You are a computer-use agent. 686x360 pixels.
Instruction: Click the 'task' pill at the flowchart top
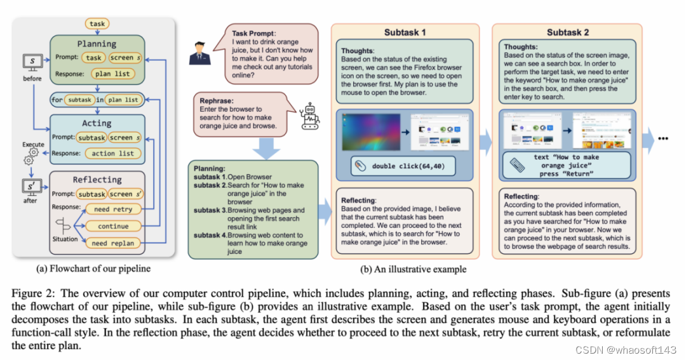point(97,24)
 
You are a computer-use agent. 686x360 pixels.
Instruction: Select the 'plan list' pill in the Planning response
point(113,73)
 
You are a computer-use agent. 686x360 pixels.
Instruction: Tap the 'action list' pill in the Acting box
point(113,153)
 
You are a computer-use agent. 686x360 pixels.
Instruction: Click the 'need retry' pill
point(113,209)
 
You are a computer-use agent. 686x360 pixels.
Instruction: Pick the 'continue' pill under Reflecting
point(113,226)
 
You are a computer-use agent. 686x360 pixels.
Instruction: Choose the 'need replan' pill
point(113,243)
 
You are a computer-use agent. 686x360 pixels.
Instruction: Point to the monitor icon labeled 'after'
point(32,187)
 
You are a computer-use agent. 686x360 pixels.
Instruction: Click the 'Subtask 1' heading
point(405,32)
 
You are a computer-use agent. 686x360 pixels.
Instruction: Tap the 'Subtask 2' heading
point(568,32)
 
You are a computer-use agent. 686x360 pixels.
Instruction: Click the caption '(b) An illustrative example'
point(413,269)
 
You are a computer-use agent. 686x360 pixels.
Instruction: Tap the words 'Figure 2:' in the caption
point(30,293)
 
